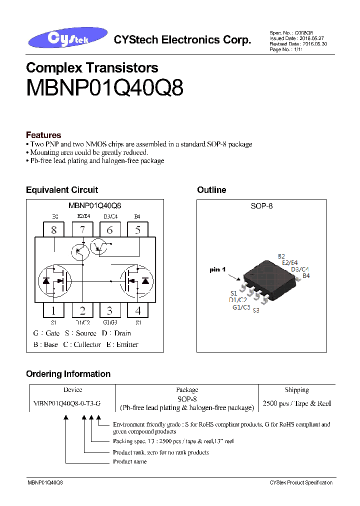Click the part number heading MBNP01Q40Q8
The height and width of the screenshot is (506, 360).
[104, 88]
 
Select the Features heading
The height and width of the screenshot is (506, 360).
[43, 135]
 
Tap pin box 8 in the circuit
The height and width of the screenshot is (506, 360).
[54, 230]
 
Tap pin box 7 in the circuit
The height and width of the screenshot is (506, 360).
[82, 230]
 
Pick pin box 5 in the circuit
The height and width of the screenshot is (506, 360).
[137, 230]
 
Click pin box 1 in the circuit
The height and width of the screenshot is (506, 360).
[54, 310]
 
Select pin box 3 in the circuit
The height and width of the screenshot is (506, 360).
[109, 310]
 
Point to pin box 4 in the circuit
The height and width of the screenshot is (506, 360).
[138, 310]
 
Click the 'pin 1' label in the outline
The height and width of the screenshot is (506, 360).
[218, 269]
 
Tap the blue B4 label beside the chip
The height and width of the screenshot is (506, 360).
[306, 275]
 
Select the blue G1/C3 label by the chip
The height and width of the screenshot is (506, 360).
[241, 307]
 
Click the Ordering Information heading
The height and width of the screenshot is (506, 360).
[68, 374]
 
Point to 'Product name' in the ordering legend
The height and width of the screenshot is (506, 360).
[130, 461]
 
